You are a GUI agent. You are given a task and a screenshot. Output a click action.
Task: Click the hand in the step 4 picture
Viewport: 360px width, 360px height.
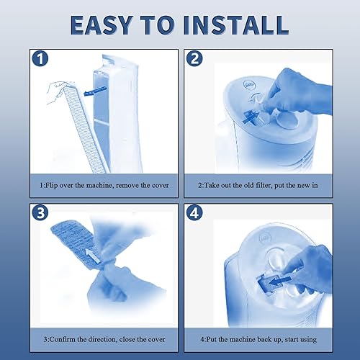click(306, 263)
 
